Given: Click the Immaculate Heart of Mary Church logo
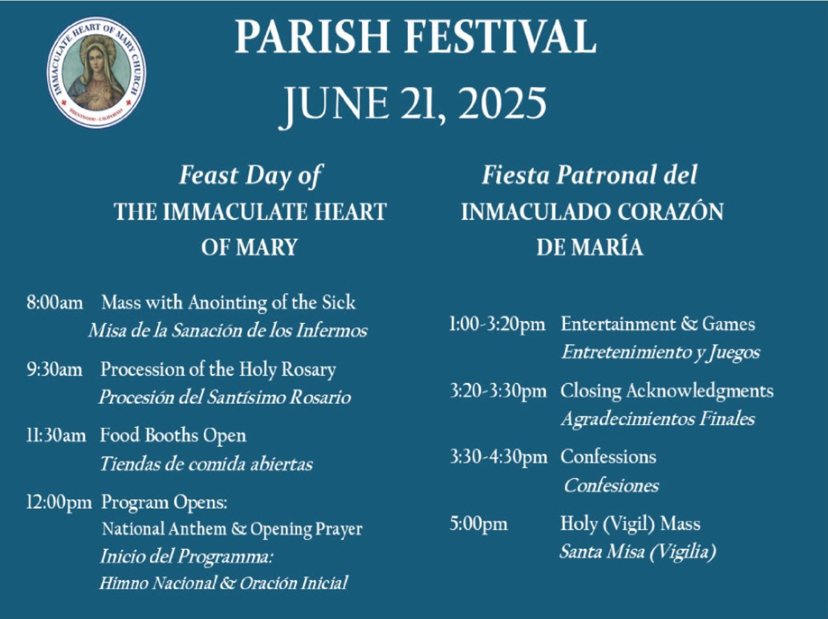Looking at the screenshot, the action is [x=96, y=72].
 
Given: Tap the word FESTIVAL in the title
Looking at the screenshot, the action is [x=501, y=37].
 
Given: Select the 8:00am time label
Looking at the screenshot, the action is [x=55, y=303].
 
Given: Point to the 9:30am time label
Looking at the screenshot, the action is [x=55, y=369].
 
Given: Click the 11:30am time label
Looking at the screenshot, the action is [x=56, y=436].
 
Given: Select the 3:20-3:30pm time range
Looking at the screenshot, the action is [x=498, y=392].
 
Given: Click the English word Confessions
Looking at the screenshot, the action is [x=608, y=457].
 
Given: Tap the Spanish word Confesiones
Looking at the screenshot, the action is [x=611, y=485].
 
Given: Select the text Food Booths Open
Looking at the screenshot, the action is [x=173, y=436].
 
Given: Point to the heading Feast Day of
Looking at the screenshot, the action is [x=250, y=176].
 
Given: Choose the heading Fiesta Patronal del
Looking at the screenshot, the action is [x=589, y=175].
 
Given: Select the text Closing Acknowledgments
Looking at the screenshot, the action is [x=667, y=391].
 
